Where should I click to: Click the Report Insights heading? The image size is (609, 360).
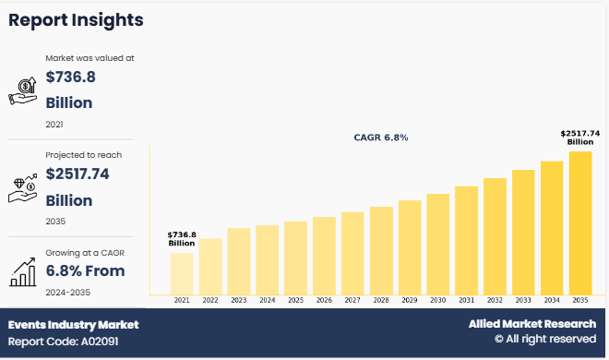[77, 20]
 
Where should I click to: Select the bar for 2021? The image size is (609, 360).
[182, 273]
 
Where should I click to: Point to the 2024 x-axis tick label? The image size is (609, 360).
[268, 300]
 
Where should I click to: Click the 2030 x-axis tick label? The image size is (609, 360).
[437, 300]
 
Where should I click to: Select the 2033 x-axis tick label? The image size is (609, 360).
[523, 300]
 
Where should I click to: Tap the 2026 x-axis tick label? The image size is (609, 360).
[324, 300]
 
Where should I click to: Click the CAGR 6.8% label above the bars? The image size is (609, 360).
[380, 138]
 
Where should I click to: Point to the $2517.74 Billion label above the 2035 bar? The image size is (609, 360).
[580, 138]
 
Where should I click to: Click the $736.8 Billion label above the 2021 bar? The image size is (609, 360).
[182, 239]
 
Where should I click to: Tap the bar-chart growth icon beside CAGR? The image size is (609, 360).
[22, 269]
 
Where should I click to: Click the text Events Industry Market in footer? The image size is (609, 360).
[73, 325]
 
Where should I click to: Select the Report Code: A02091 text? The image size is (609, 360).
[64, 342]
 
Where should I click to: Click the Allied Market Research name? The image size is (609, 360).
[533, 325]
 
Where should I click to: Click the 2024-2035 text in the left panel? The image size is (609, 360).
[68, 292]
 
